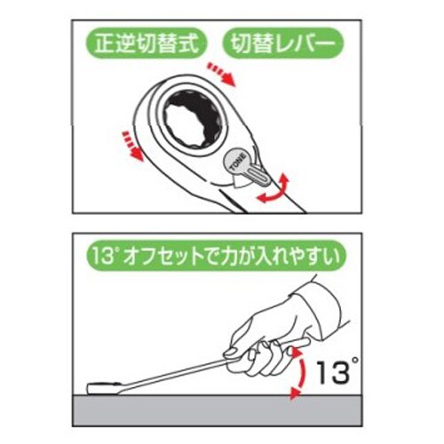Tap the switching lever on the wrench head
click(x=257, y=173)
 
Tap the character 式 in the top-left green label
click(x=194, y=42)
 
